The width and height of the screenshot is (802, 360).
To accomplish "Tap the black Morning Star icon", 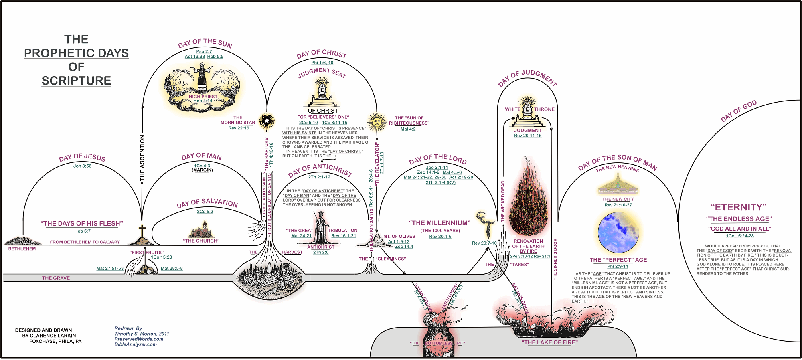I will pos(267,120).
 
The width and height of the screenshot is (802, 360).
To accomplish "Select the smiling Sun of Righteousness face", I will pos(377,121).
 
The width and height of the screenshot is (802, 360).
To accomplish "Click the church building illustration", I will pos(201,230).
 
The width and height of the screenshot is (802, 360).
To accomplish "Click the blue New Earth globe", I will pos(618,233).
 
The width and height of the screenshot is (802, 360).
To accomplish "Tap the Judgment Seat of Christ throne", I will pos(322,91).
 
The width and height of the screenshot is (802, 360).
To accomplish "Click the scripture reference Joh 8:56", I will pos(82,166).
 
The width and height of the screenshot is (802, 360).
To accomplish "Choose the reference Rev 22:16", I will pos(239,128).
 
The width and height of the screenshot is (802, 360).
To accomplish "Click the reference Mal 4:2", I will pos(408,129).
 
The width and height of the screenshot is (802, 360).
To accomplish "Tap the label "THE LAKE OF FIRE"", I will pos(549,342).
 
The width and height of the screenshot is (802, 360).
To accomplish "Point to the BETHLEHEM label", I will pos(22,249).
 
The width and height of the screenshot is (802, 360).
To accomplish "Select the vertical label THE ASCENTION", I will pos(142,158).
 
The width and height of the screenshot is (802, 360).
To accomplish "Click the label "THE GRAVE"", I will pos(56,278).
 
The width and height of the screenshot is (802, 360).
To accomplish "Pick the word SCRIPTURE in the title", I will pos(76,81).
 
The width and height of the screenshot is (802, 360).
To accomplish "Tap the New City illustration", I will pos(618,185).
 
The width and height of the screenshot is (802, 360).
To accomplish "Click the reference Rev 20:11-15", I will pos(528,136).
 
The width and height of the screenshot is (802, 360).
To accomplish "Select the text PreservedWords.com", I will pos(139,339).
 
